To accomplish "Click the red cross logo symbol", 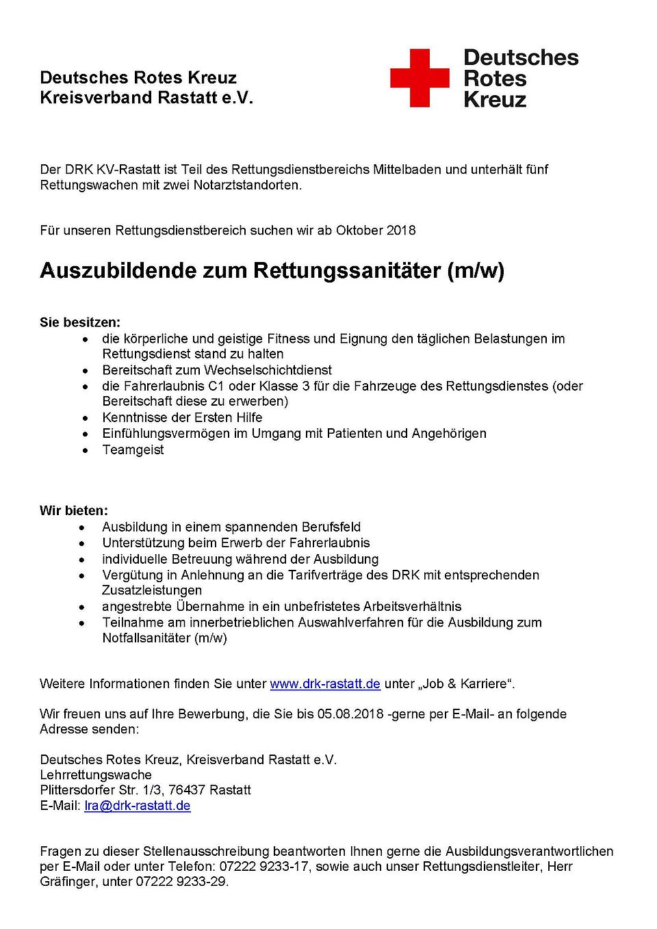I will coord(420,78).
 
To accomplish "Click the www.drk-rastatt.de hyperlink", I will coord(325,683).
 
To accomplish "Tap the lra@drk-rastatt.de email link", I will coord(138,805).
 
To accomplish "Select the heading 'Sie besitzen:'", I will coord(80,322).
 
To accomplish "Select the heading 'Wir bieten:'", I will coord(74,510).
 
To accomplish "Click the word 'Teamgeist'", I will coord(133,449).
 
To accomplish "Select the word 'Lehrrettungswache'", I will coord(96,775).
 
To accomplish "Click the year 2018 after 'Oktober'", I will coord(401,231).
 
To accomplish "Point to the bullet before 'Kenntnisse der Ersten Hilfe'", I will coord(85,417).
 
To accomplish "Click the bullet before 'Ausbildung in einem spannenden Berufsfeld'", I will coord(82,527).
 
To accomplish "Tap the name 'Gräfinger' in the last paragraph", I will coord(68,881).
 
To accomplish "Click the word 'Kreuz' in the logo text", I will coord(495,100).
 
